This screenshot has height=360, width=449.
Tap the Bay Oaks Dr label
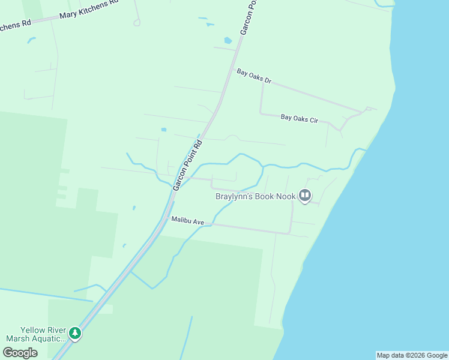pyautogui.click(x=254, y=76)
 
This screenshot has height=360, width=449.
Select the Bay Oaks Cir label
pyautogui.click(x=299, y=118)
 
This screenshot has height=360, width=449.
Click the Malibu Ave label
pyautogui.click(x=188, y=221)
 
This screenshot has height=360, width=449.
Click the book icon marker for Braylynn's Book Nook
pyautogui.click(x=305, y=195)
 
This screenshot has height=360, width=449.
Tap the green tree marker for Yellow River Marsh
pyautogui.click(x=74, y=333)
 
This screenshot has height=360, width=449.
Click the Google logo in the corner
pyautogui.click(x=20, y=353)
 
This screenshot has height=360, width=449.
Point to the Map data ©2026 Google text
pyautogui.click(x=412, y=355)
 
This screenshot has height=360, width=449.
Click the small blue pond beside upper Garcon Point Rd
pyautogui.click(x=228, y=41)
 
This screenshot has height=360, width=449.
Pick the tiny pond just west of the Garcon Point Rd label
pyautogui.click(x=163, y=129)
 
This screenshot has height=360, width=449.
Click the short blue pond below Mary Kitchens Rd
pyautogui.click(x=31, y=40)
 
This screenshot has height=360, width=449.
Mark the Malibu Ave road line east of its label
pyautogui.click(x=252, y=229)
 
